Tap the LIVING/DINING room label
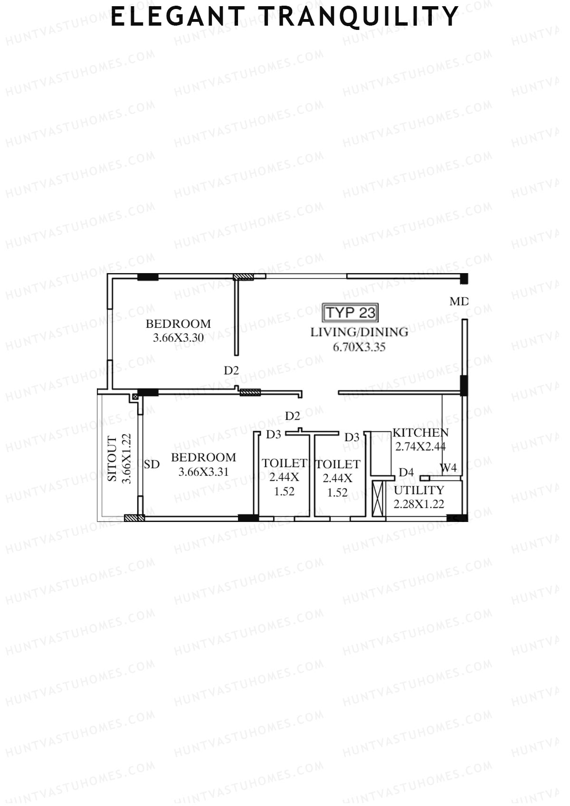click(359, 332)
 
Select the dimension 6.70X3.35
click(359, 347)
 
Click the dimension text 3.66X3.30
click(178, 338)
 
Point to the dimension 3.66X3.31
click(203, 472)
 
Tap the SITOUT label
click(112, 459)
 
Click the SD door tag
click(152, 465)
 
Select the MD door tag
click(459, 301)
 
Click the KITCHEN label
click(420, 433)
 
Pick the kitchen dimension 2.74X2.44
click(420, 446)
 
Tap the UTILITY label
click(419, 490)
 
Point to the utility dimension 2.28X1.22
click(419, 504)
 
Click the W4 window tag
click(448, 468)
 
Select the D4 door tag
click(406, 472)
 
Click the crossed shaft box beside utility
click(378, 499)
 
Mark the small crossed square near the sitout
click(135, 396)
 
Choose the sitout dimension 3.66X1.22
click(126, 459)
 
